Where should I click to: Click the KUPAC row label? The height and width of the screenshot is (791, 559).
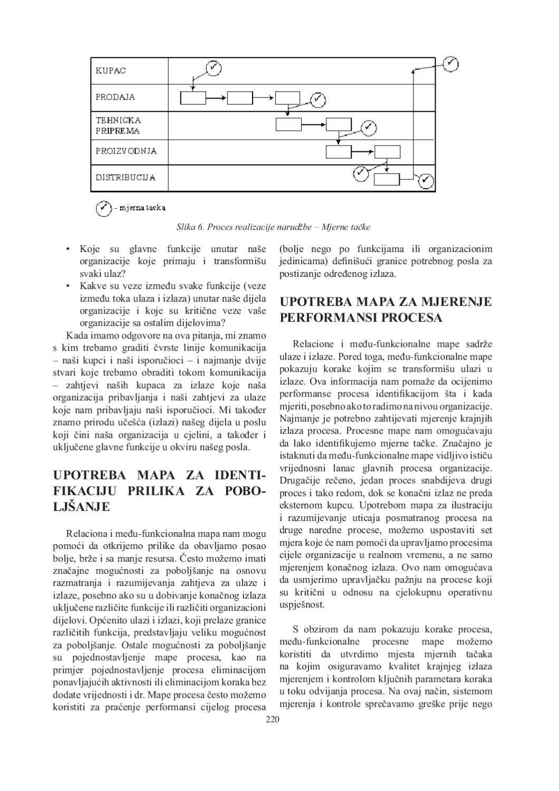click(x=111, y=71)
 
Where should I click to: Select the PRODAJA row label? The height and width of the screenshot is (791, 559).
click(x=115, y=97)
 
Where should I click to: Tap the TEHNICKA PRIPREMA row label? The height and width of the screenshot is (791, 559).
click(x=118, y=126)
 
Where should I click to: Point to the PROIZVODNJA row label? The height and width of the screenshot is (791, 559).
click(x=126, y=151)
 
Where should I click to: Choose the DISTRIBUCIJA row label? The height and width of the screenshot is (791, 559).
click(x=126, y=177)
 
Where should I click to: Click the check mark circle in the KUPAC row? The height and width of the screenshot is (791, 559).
click(x=213, y=68)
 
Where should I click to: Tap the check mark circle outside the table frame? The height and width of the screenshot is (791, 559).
click(x=450, y=64)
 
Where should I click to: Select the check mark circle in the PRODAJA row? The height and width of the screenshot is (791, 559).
click(x=317, y=99)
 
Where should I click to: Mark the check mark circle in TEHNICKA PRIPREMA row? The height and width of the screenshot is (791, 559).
click(x=369, y=128)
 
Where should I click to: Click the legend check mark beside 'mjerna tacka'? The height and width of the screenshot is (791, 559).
click(x=103, y=208)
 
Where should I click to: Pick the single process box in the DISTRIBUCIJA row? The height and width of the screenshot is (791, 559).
click(x=387, y=179)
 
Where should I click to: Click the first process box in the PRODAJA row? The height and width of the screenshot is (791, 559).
click(x=192, y=98)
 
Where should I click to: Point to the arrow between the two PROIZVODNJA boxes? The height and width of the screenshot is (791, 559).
click(x=363, y=152)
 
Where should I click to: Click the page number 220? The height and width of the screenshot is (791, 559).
click(x=272, y=719)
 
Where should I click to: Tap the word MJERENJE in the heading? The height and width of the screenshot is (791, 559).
click(x=457, y=302)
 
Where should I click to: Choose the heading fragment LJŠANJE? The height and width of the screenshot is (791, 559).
click(x=82, y=507)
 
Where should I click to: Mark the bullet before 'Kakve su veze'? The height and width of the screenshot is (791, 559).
click(x=68, y=286)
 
